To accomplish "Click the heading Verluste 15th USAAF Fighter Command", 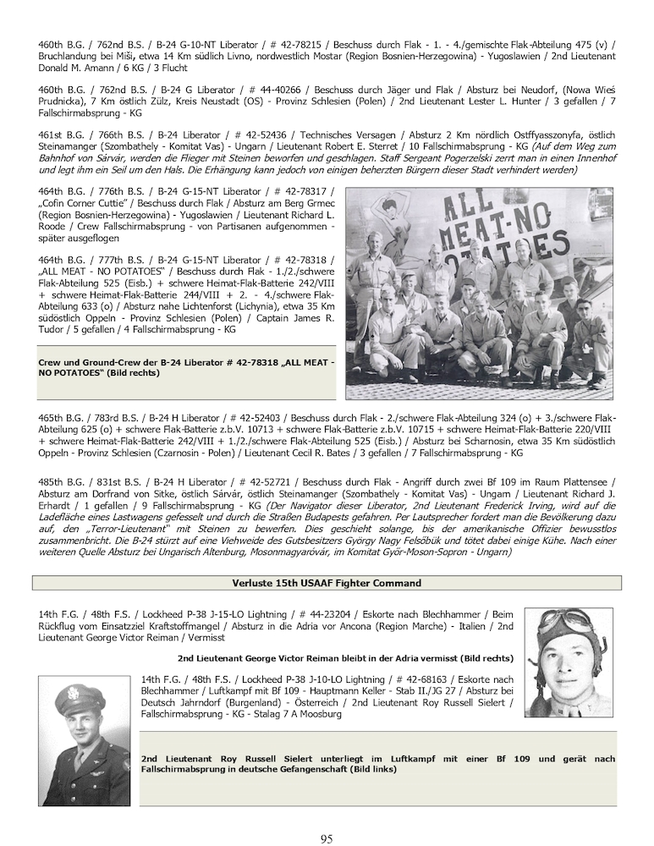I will [x=327, y=583].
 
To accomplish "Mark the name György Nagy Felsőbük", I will [x=349, y=540].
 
